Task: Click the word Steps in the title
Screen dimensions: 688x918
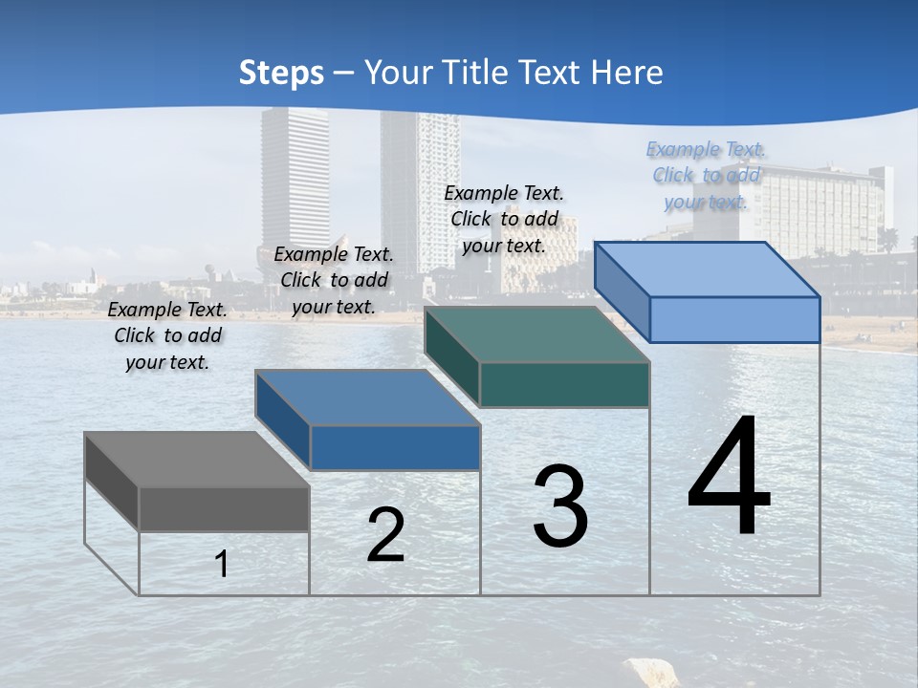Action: (280, 73)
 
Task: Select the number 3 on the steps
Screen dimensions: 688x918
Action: (560, 506)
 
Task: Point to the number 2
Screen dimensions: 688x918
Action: (385, 535)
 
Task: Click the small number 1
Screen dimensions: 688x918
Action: (222, 564)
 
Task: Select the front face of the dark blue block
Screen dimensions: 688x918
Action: (395, 447)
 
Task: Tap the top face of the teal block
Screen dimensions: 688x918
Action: (535, 334)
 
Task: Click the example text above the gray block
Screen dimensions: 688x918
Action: (167, 335)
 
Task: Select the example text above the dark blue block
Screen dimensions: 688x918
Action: (334, 280)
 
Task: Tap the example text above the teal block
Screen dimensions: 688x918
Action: (504, 219)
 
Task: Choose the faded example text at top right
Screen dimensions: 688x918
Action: (706, 175)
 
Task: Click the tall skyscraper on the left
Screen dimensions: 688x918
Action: (295, 182)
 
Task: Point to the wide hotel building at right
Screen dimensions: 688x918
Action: (822, 210)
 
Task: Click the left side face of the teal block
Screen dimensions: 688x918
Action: (451, 355)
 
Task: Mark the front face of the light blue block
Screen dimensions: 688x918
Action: (734, 319)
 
